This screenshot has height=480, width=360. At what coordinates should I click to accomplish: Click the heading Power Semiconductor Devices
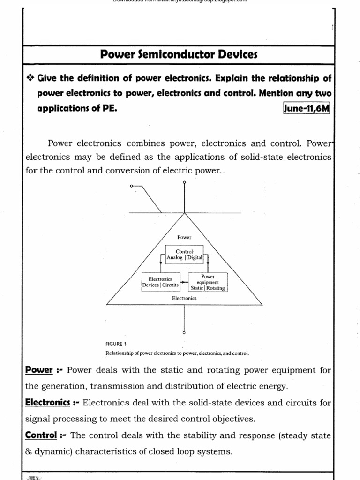pos(179,55)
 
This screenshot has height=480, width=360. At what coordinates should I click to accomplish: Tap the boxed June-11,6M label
pos(307,109)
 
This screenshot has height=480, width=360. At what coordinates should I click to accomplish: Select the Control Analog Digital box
pos(184,255)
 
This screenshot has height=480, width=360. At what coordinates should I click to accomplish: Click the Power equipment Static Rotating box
pos(207,282)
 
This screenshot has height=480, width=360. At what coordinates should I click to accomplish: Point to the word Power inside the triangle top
pos(184,238)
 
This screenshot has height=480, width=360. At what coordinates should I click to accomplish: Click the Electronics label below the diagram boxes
pos(184,298)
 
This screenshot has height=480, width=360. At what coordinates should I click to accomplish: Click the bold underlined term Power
pos(38,370)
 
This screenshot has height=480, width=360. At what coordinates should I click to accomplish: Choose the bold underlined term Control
pos(41,435)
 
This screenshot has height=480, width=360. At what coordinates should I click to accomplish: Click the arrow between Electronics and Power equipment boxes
pos(183,282)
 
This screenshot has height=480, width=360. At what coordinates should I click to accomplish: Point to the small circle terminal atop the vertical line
pos(184,182)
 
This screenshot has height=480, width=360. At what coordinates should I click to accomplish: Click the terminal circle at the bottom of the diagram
pos(184,332)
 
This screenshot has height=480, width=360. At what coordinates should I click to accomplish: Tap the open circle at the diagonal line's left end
pos(131,187)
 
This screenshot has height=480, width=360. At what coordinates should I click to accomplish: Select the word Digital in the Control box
pos(195,257)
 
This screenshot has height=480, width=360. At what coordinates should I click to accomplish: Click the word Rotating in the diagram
pos(216,288)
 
